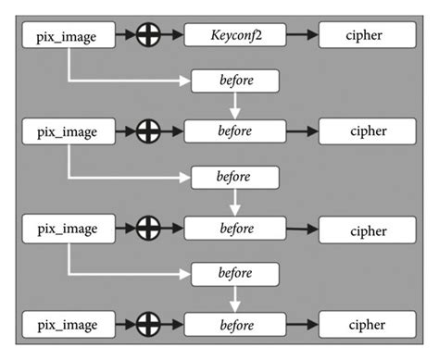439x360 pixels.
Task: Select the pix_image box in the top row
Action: (x=68, y=37)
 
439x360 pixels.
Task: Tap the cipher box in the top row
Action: (x=367, y=37)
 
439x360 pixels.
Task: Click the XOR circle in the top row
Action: (x=148, y=37)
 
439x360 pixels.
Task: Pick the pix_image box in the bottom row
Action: (x=68, y=325)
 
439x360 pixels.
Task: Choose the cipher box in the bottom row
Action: (x=367, y=325)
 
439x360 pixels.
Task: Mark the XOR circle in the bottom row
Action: (x=148, y=325)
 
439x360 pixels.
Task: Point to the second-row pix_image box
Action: (x=68, y=131)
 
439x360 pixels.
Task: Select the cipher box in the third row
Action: (x=367, y=229)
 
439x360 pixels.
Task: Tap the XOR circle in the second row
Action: (x=148, y=131)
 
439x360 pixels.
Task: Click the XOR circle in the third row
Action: (x=148, y=228)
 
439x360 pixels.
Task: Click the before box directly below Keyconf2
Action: (x=235, y=81)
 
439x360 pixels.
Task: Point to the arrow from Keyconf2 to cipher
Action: (x=298, y=37)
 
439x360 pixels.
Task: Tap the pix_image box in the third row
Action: (x=68, y=228)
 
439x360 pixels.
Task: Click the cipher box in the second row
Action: (x=367, y=131)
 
